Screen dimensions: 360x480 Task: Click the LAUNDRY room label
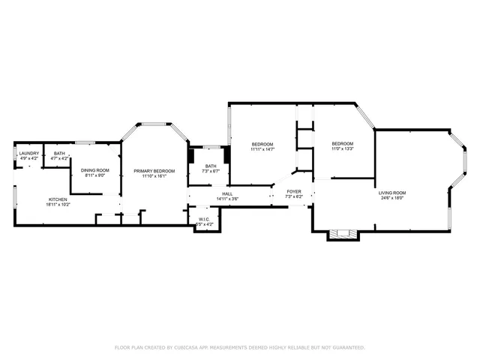28,154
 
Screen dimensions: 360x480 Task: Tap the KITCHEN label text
58,199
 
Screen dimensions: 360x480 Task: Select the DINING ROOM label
95,170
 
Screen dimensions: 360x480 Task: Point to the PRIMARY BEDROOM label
154,171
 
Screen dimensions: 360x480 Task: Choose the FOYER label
294,191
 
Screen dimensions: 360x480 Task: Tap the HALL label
227,193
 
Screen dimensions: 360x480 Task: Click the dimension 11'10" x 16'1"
154,176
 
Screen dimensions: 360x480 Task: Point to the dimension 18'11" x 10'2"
58,204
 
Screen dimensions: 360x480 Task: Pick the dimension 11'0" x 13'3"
343,149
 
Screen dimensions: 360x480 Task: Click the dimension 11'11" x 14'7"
262,149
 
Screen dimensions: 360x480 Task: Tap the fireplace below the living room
343,235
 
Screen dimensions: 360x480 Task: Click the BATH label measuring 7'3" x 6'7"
211,166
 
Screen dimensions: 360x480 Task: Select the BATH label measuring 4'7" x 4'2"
59,154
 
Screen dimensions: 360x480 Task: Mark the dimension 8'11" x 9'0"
95,175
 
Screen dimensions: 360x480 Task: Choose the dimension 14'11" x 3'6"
227,199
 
